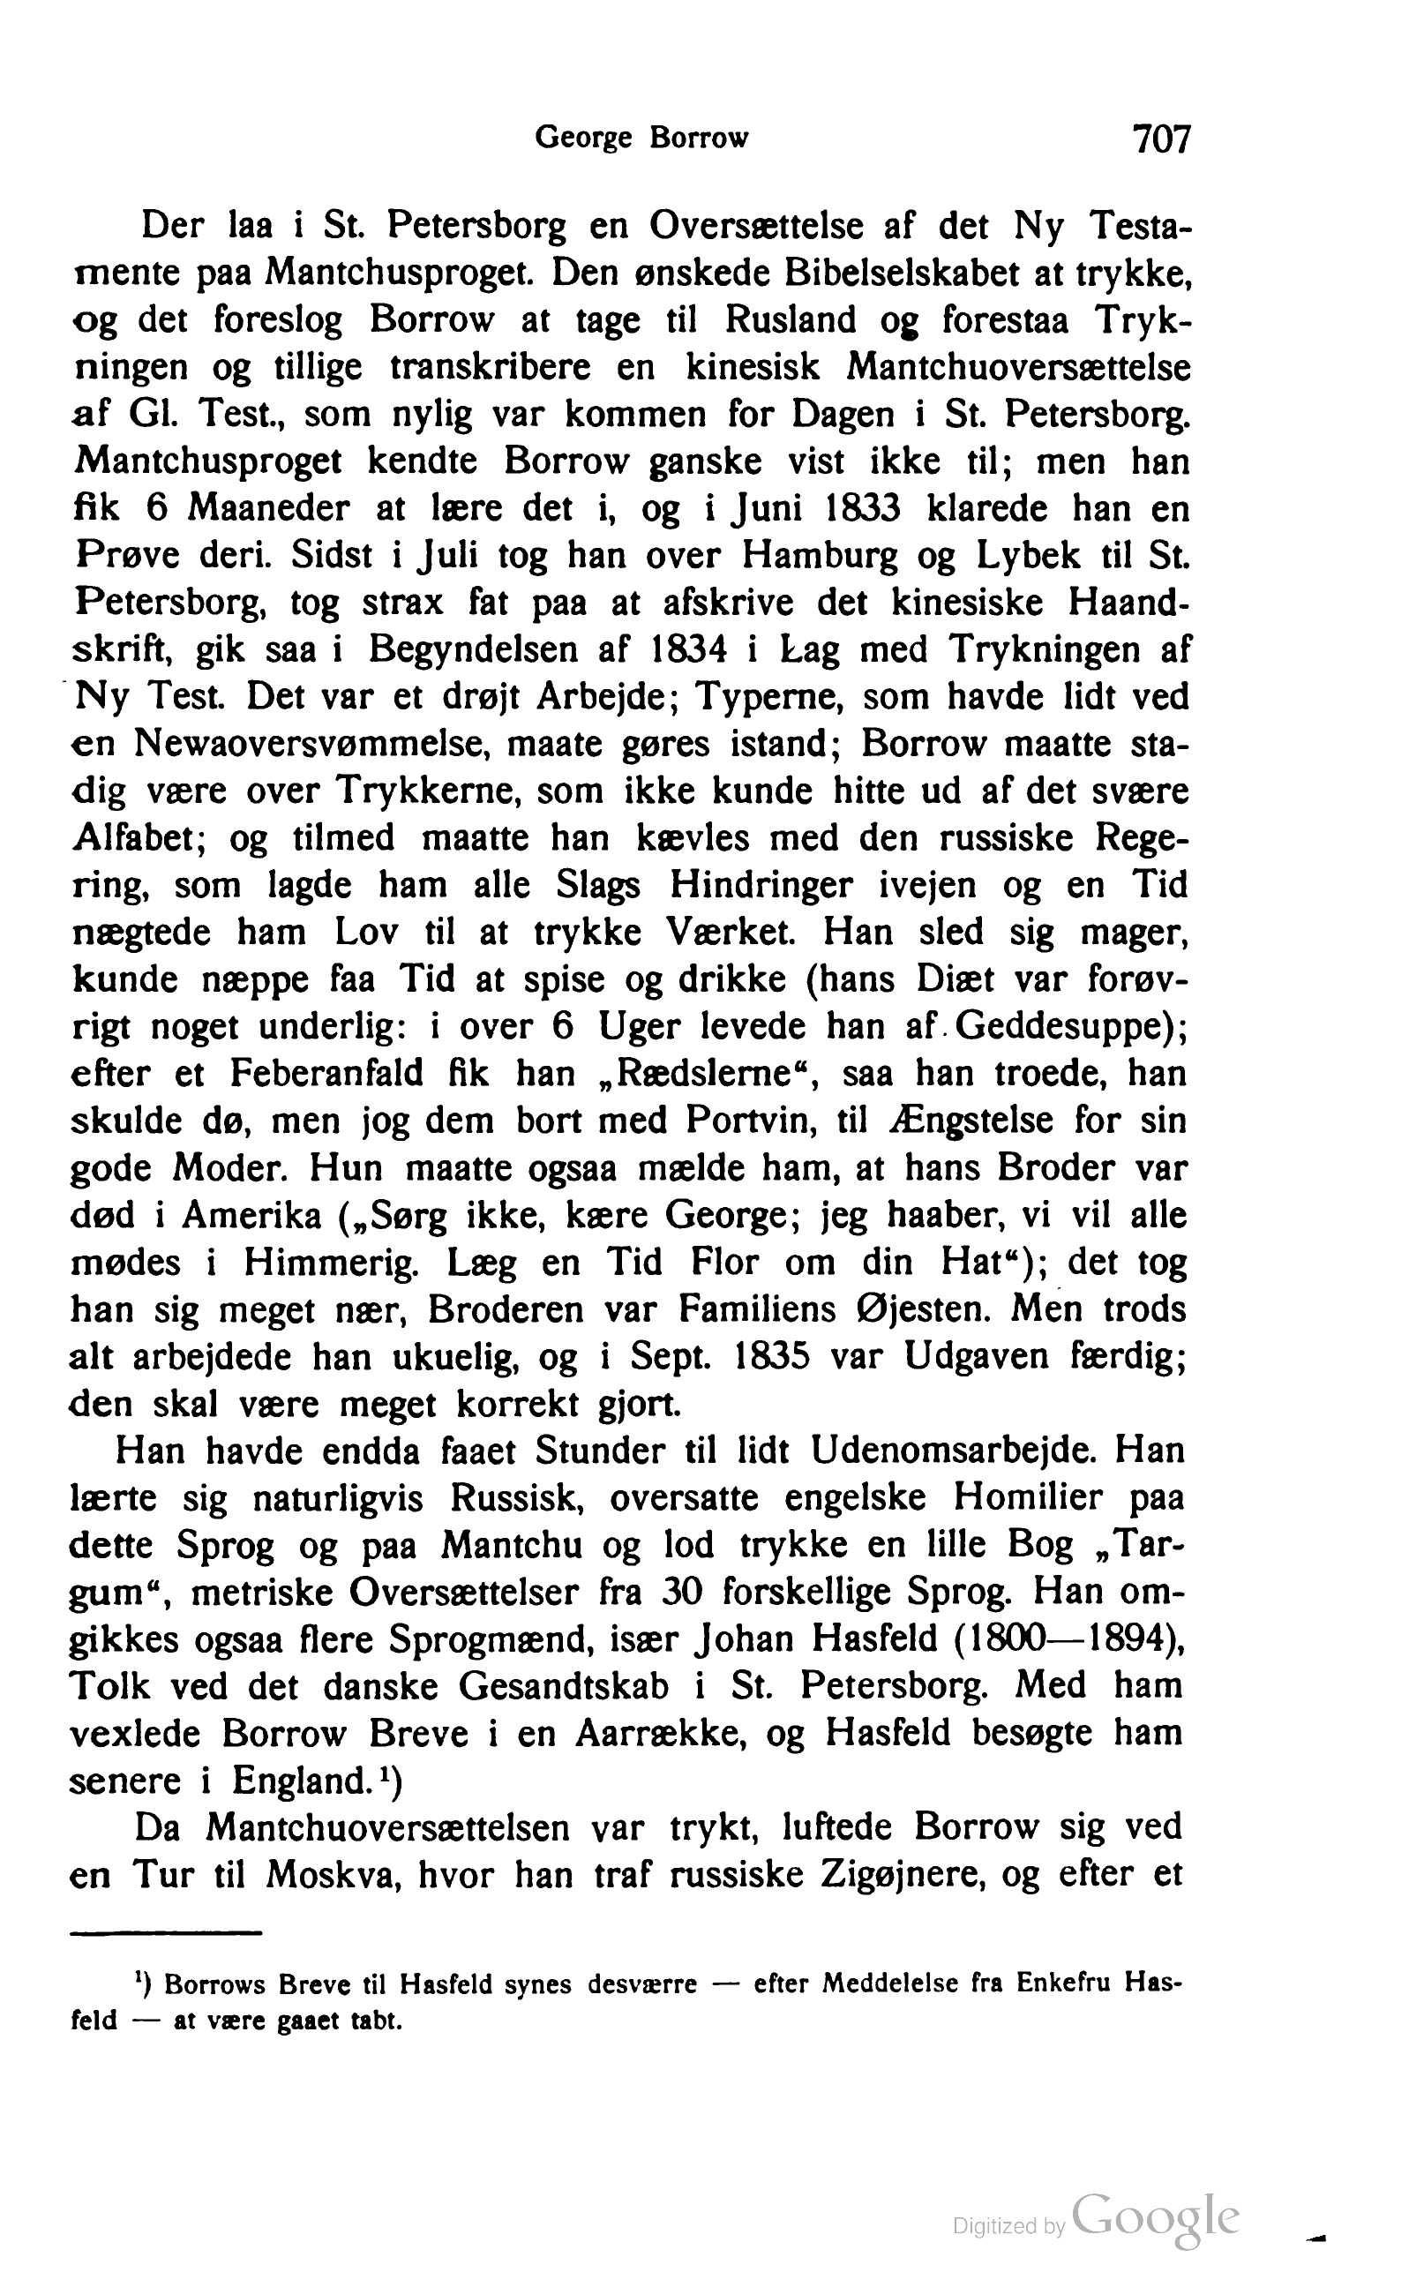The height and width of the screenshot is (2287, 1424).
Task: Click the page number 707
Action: pyautogui.click(x=1162, y=139)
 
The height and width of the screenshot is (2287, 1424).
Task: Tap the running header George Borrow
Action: pyautogui.click(x=641, y=139)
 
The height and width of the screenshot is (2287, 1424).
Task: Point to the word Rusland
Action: pyautogui.click(x=791, y=320)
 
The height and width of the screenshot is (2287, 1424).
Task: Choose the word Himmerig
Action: pyautogui.click(x=331, y=1263)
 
